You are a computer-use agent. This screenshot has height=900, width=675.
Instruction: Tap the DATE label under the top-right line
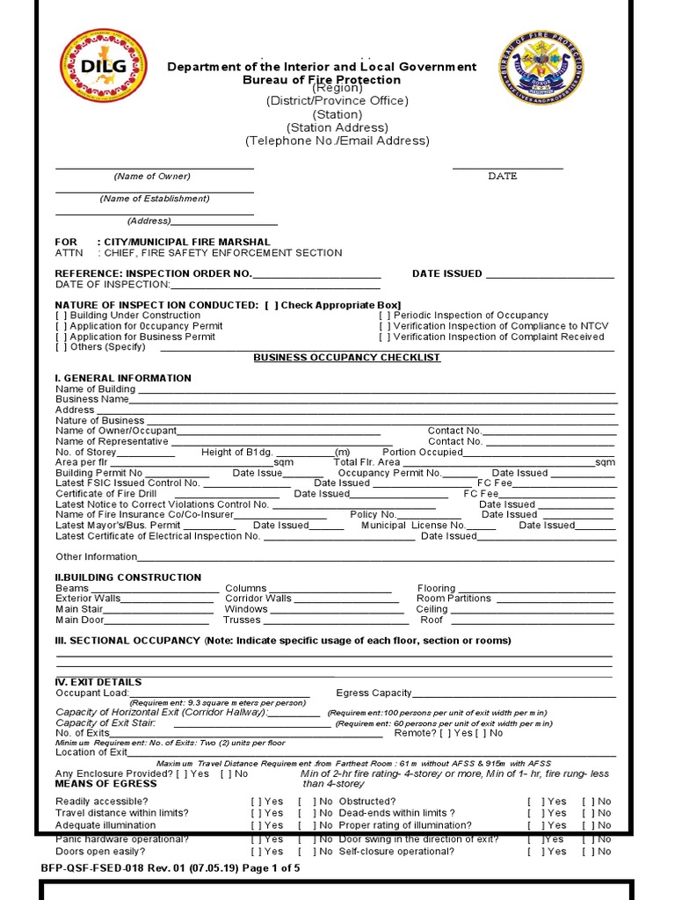pyautogui.click(x=503, y=176)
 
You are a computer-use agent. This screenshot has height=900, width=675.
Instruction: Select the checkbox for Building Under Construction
pyautogui.click(x=61, y=316)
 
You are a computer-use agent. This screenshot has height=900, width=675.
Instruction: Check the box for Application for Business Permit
pyautogui.click(x=61, y=337)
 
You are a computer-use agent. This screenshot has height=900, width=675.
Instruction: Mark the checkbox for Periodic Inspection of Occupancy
pyautogui.click(x=385, y=316)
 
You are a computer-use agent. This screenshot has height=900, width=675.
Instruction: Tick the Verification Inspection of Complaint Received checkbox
pyautogui.click(x=385, y=337)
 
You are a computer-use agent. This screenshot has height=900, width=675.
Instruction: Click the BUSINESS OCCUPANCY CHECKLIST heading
pyautogui.click(x=347, y=358)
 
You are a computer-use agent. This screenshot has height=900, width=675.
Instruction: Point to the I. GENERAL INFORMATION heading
pyautogui.click(x=123, y=379)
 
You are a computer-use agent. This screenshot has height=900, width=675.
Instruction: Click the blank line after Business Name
pyautogui.click(x=373, y=400)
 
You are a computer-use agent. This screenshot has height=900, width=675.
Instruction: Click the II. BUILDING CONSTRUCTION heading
pyautogui.click(x=128, y=577)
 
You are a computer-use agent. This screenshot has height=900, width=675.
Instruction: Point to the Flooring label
pyautogui.click(x=436, y=589)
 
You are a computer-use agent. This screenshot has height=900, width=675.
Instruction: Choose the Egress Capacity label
pyautogui.click(x=374, y=693)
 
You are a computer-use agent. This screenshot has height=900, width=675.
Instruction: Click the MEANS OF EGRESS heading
pyautogui.click(x=106, y=783)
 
